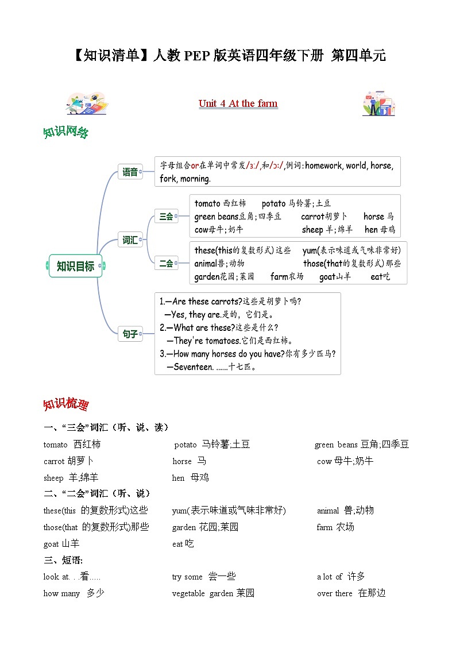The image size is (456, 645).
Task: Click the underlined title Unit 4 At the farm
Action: [238, 103]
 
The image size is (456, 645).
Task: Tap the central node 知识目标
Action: [75, 266]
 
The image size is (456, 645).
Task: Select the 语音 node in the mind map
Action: [130, 171]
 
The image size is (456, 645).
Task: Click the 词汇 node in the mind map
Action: [130, 240]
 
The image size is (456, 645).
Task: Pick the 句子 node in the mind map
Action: [130, 333]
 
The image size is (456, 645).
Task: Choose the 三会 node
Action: [166, 217]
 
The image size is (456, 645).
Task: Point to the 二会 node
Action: [166, 263]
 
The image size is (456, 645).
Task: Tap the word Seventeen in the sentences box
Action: [193, 366]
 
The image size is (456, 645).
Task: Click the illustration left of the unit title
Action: [87, 103]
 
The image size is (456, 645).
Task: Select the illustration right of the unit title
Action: [378, 103]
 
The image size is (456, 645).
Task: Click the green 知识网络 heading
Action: [65, 132]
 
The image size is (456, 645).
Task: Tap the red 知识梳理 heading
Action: [65, 404]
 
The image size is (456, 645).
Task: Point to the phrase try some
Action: [187, 577]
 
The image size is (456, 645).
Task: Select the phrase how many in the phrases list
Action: [61, 593]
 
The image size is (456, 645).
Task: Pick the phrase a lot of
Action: [330, 577]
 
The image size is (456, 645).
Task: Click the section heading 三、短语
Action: [63, 559]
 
